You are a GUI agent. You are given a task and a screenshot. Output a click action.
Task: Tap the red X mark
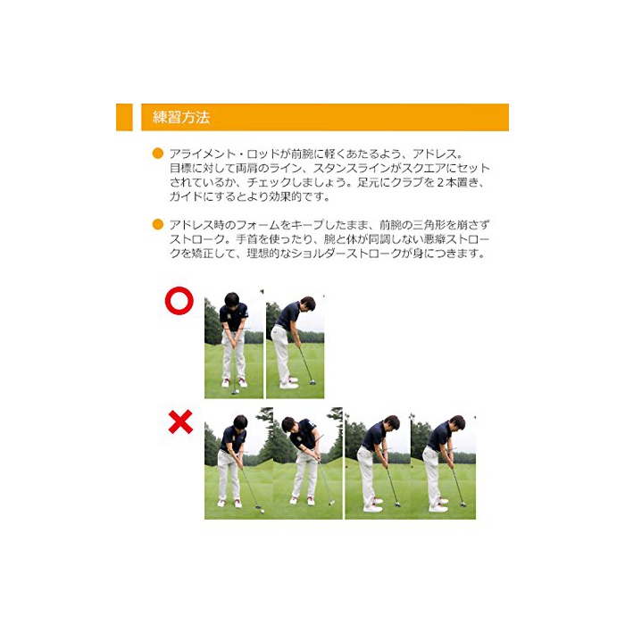tap(180, 421)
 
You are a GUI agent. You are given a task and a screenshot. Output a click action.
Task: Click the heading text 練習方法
tap(181, 117)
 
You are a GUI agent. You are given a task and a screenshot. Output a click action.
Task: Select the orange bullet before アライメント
tap(158, 154)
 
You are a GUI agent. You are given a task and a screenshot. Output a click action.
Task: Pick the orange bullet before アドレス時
tap(158, 224)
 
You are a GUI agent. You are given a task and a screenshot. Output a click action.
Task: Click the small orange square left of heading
tap(124, 117)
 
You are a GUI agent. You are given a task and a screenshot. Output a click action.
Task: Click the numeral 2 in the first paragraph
tap(440, 182)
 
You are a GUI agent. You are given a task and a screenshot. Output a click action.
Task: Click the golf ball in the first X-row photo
tap(262, 510)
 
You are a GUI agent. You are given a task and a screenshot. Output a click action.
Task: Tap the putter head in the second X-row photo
tap(331, 503)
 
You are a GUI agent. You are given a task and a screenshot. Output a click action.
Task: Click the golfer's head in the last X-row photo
tap(457, 423)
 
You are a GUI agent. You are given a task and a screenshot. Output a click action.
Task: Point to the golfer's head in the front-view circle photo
tap(231, 300)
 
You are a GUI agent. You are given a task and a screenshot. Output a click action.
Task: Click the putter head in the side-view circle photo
tap(312, 383)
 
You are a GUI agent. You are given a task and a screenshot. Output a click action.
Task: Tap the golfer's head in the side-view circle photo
tap(308, 304)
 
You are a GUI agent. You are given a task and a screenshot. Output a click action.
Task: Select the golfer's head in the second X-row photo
tap(288, 425)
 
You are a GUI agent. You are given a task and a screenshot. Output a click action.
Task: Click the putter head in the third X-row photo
tap(397, 504)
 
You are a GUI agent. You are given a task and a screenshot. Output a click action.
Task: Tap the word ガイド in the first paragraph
tap(186, 197)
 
